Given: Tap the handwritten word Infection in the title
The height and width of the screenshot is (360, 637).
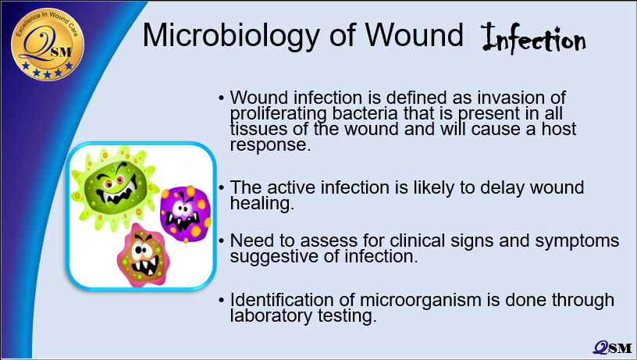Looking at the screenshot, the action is click(x=534, y=38).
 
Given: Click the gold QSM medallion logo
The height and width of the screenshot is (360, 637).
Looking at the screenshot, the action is click(x=48, y=44).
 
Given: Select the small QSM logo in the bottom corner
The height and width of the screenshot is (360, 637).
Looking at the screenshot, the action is click(x=612, y=348).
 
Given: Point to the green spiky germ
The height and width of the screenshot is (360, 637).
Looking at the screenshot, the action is click(x=115, y=186).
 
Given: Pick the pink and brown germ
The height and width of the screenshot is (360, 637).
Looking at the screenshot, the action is click(x=142, y=255).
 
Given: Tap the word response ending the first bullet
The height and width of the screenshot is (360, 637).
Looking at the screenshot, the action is click(x=270, y=145).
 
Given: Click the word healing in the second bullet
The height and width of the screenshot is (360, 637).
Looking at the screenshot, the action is click(x=262, y=203).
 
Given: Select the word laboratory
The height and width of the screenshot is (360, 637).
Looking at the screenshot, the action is click(x=272, y=315).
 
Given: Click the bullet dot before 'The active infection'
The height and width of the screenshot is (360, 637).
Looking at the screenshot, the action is click(x=222, y=187).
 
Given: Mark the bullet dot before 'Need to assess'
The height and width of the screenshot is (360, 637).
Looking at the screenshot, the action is click(x=222, y=241).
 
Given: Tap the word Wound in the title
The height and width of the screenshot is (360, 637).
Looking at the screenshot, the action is click(x=415, y=36).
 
